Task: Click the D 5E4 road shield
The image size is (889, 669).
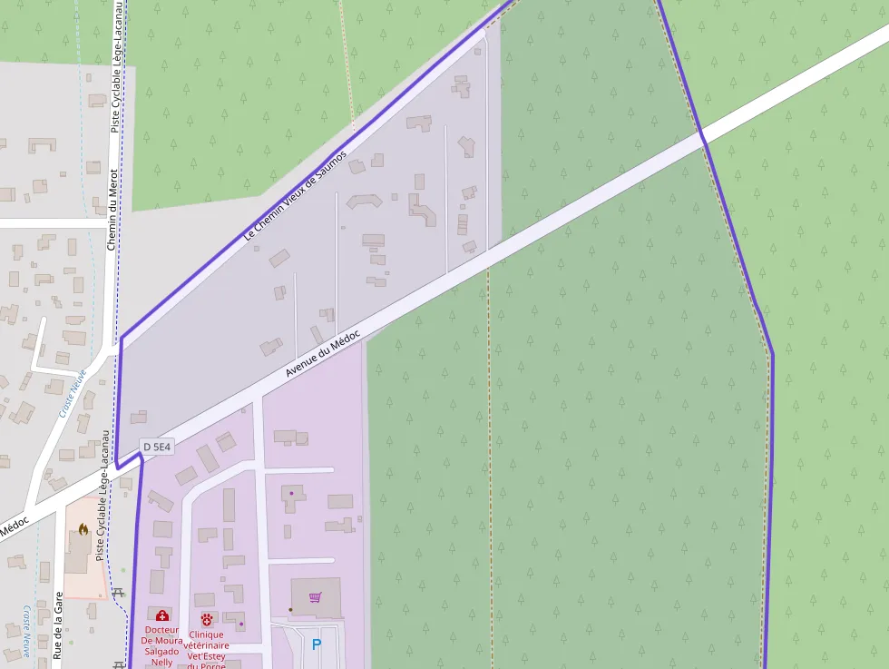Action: (x=156, y=447)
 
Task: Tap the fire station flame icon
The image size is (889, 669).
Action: (x=83, y=528)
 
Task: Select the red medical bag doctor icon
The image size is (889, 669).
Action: (x=161, y=616)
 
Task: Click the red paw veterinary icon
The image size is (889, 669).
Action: (x=207, y=619)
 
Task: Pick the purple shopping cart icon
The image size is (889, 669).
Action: (x=315, y=597)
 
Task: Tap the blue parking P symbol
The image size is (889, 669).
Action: (x=316, y=644)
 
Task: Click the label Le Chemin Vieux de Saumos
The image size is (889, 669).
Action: (x=296, y=195)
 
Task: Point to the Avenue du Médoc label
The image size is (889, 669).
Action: (x=323, y=354)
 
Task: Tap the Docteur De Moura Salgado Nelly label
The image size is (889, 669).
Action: (x=161, y=645)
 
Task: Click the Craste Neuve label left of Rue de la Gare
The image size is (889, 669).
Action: (x=28, y=630)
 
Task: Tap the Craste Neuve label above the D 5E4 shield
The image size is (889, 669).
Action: (x=72, y=391)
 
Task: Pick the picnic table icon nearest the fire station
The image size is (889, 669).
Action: (x=119, y=594)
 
